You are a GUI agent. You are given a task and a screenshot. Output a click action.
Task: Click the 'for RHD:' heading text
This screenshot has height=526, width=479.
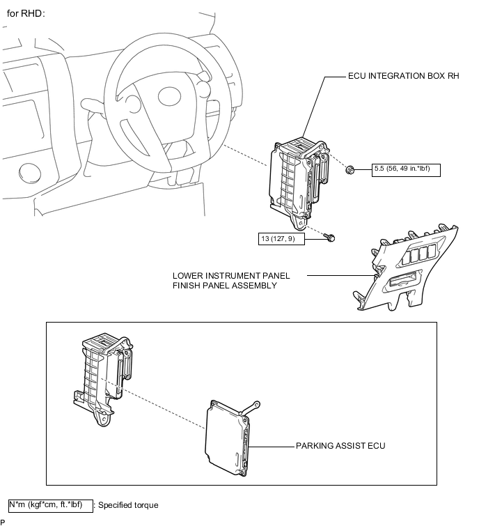tap(26, 13)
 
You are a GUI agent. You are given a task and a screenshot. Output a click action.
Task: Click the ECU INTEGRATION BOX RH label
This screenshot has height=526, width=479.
tap(404, 76)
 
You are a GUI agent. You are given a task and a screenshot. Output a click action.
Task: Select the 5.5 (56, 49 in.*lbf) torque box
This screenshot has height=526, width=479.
tap(406, 170)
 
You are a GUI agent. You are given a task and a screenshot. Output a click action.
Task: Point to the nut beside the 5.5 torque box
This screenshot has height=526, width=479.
tap(350, 170)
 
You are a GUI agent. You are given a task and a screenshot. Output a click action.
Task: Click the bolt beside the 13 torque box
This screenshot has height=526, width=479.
tap(329, 238)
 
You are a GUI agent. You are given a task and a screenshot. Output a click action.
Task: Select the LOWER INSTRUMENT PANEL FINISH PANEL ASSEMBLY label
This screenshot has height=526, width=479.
tap(231, 281)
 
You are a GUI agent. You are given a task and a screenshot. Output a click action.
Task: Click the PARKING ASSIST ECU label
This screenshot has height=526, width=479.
tap(340, 445)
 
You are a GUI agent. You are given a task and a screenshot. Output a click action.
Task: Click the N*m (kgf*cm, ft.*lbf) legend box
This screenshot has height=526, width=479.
tap(51, 506)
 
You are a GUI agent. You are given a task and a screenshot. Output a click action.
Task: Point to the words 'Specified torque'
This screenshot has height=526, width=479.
tap(128, 505)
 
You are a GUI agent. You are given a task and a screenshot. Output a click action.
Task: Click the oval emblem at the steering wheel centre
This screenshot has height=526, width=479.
tap(170, 97)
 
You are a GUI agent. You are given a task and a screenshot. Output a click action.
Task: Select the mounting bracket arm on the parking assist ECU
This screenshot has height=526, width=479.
tap(250, 408)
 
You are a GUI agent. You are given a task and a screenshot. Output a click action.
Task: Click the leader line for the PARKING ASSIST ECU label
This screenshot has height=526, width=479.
tap(272, 447)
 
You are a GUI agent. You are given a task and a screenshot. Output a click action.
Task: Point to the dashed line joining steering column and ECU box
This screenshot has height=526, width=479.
tap(245, 155)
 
